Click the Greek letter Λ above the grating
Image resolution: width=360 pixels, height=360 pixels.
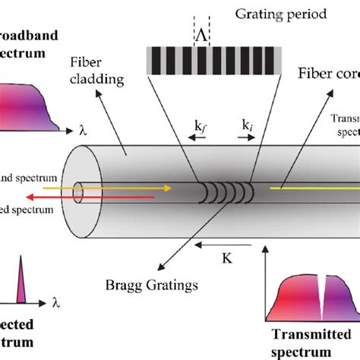[x=202, y=36]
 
